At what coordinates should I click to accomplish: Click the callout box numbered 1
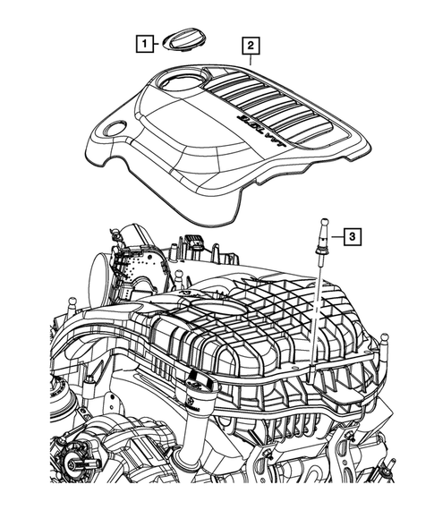(x=142, y=41)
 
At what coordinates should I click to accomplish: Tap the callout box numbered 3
(x=353, y=236)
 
